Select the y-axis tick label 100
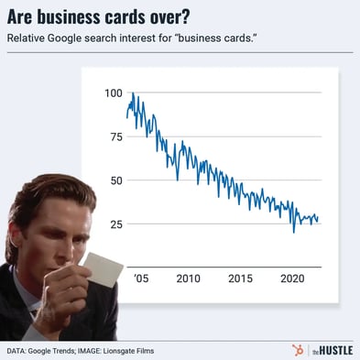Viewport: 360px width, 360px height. point(113,93)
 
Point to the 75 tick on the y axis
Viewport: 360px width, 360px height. point(115,137)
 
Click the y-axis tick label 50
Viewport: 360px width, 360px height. point(115,180)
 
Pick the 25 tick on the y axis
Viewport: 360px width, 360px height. point(115,224)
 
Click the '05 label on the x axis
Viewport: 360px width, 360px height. point(139,278)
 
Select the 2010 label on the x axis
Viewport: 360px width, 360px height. point(189,278)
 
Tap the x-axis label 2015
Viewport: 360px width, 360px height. point(241,278)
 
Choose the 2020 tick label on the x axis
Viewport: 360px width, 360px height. point(292,278)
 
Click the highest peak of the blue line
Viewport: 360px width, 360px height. point(133,93)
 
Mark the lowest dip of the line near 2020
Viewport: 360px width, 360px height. point(294,232)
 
